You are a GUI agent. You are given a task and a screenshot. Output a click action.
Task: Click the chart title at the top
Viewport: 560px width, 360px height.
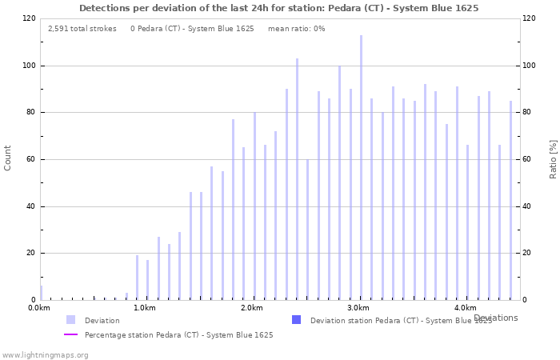(278, 8)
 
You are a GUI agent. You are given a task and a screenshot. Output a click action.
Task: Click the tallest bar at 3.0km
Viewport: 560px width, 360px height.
(361, 168)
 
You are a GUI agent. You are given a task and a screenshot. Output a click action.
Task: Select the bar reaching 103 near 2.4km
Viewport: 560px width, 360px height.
(297, 179)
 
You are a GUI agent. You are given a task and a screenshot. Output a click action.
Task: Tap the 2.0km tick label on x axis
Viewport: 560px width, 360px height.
(252, 308)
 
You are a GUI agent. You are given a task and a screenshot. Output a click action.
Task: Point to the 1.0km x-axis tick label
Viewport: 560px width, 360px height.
(144, 308)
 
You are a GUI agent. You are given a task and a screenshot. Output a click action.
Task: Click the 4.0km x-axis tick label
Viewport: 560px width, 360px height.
(465, 308)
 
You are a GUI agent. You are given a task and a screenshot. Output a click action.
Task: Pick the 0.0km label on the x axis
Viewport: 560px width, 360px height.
(39, 308)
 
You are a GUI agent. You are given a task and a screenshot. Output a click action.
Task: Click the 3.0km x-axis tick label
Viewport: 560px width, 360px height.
(358, 308)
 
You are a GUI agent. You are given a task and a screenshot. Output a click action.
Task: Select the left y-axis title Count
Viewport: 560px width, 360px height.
(8, 158)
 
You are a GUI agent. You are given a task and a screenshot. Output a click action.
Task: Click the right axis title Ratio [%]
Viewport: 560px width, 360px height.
(553, 158)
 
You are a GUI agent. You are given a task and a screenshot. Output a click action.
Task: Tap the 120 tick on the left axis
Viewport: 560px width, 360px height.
(29, 18)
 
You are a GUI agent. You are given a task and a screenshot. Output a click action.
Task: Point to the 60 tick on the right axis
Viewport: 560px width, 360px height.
(529, 159)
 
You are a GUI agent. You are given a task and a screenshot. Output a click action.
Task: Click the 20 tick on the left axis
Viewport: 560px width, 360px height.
(30, 254)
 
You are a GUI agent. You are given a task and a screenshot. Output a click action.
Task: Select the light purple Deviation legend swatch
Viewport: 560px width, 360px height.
(71, 320)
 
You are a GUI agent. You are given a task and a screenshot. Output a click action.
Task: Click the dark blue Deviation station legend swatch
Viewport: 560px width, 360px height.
(297, 320)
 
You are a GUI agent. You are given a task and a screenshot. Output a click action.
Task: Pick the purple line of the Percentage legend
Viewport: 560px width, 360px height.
(71, 334)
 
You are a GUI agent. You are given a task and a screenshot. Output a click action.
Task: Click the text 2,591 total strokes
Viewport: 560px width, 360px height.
(82, 29)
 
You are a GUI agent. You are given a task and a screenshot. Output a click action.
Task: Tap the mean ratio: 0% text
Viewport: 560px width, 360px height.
(296, 29)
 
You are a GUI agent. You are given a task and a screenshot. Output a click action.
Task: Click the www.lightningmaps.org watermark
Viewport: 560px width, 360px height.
(45, 354)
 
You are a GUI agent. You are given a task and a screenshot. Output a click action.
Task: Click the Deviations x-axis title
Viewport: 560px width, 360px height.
(495, 318)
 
